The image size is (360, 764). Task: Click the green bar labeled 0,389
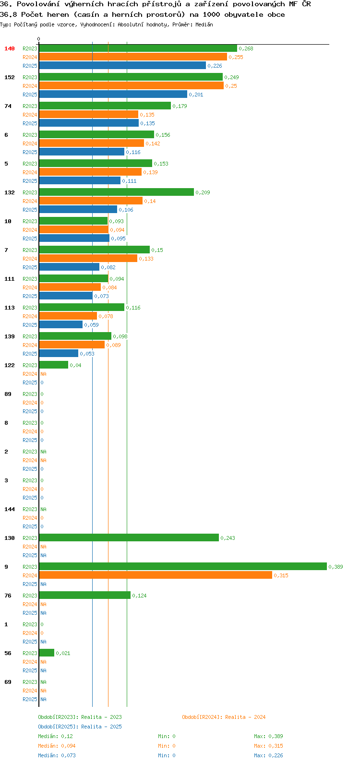[183, 566]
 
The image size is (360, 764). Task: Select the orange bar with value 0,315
[156, 575]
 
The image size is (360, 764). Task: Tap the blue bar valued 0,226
[122, 65]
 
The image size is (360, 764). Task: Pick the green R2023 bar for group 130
[129, 537]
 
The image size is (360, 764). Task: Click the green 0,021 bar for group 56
[47, 653]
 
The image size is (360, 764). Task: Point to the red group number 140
[10, 48]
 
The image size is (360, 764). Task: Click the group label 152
[10, 77]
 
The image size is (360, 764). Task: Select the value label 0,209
[203, 192]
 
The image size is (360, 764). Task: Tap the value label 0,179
[180, 106]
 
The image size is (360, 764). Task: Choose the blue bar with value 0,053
[59, 353]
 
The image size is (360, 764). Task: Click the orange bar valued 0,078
[68, 316]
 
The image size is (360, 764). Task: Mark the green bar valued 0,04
[54, 365]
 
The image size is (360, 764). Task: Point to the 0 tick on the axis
[38, 39]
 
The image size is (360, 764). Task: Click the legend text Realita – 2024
[245, 717]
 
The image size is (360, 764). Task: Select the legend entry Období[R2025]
[58, 727]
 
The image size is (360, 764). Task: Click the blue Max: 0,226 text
[268, 755]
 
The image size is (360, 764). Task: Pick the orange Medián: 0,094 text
[57, 746]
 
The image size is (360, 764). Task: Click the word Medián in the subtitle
[204, 24]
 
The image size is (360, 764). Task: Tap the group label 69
[8, 682]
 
